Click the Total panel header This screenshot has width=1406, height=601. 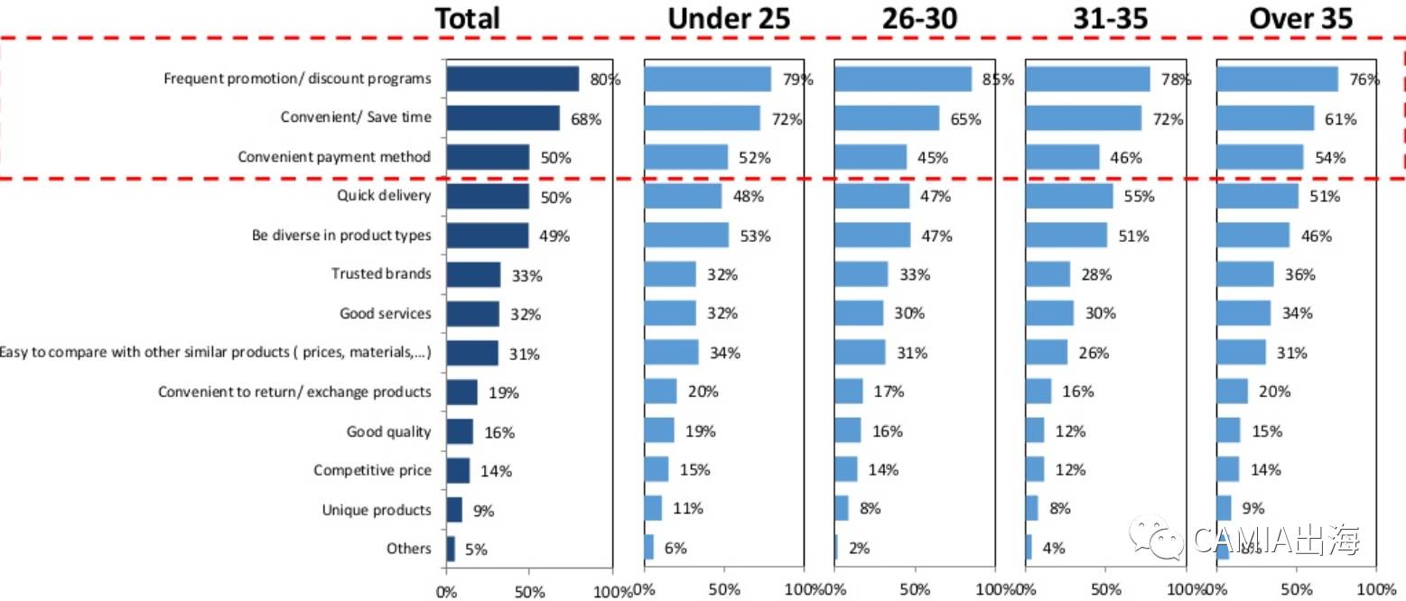click(x=467, y=18)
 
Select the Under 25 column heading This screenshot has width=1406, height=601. click(x=728, y=18)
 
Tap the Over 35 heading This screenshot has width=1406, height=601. click(x=1300, y=18)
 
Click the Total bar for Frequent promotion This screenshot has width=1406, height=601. click(x=512, y=79)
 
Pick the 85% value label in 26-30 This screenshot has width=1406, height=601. click(x=998, y=79)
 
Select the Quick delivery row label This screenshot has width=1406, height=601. click(x=384, y=196)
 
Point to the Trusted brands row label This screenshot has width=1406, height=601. click(x=381, y=273)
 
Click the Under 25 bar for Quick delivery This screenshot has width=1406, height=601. click(x=683, y=196)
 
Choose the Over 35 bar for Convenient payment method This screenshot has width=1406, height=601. click(x=1260, y=157)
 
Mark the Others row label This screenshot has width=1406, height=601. click(x=409, y=548)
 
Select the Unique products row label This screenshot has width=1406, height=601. click(x=377, y=510)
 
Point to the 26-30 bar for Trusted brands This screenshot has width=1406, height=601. click(x=861, y=273)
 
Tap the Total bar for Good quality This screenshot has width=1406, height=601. click(x=460, y=431)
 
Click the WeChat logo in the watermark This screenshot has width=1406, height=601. click(x=1159, y=539)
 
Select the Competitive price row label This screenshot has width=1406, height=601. click(x=372, y=470)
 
